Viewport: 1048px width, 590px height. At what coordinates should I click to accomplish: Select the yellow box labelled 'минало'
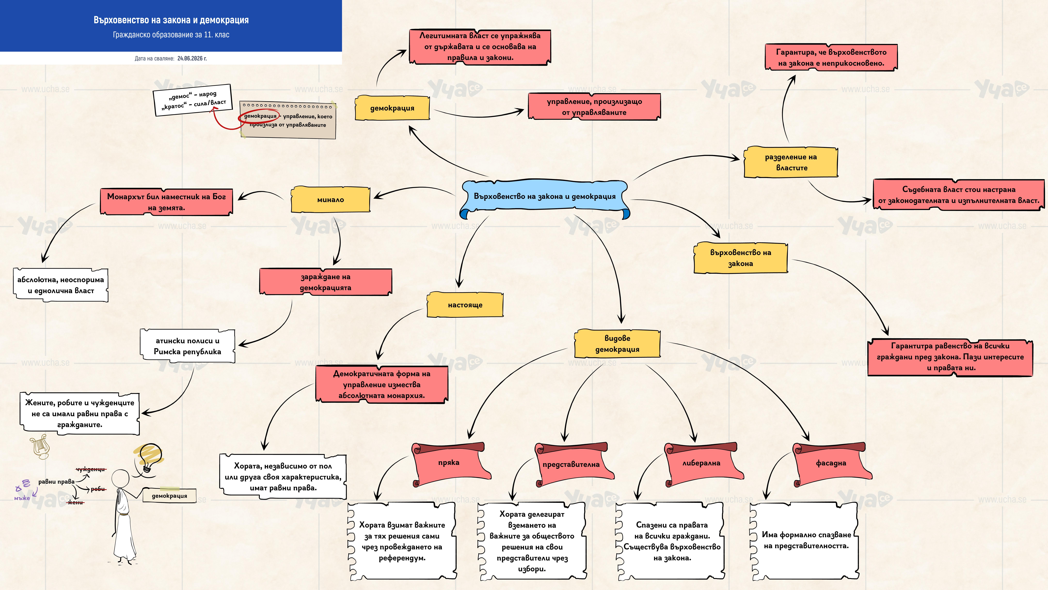pos(330,200)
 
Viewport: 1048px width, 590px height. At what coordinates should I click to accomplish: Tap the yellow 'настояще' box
pos(465,305)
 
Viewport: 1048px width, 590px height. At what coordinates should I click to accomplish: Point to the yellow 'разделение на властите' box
pos(791,162)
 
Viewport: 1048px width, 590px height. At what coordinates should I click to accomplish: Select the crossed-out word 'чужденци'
pos(91,469)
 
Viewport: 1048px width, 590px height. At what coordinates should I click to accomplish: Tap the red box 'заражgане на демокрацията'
pos(325,282)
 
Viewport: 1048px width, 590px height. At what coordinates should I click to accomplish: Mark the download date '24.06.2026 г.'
pos(192,58)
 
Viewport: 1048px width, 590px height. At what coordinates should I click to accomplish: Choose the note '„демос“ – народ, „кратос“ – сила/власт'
pos(193,100)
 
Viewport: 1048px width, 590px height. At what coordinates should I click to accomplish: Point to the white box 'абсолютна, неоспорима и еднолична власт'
pos(61,285)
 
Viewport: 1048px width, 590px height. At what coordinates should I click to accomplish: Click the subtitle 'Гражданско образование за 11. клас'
pos(171,35)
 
